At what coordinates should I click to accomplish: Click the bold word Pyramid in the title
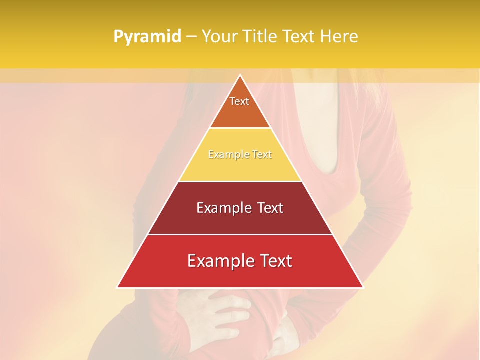tap(147, 37)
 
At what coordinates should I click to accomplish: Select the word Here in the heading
tap(340, 36)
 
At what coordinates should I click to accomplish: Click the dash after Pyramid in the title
tap(191, 37)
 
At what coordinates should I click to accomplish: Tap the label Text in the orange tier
tap(239, 101)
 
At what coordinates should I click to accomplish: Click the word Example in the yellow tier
tap(224, 155)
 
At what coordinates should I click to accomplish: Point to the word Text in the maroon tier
tap(268, 208)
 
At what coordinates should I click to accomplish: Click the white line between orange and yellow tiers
tap(240, 128)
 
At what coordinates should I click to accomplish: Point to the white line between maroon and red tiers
tap(240, 234)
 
